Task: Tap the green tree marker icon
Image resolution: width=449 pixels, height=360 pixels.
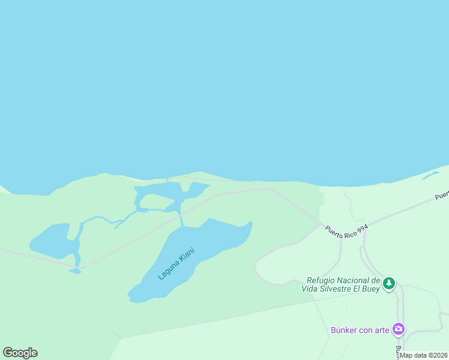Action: point(389,283)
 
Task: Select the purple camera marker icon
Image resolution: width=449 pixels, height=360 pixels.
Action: point(398,329)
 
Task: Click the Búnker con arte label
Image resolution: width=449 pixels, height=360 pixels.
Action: point(360,330)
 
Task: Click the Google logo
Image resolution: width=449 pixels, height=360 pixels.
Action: point(20,353)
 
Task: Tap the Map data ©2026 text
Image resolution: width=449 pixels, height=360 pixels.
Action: point(424,355)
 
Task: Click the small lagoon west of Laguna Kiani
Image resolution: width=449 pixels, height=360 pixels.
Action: point(51,240)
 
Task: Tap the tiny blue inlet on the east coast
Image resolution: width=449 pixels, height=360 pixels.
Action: point(430,175)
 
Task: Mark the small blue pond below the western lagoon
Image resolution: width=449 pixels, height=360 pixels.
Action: point(75,271)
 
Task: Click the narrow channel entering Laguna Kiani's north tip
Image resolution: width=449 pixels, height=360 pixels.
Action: point(181,220)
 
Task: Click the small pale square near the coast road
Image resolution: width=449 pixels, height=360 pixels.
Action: point(321,199)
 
